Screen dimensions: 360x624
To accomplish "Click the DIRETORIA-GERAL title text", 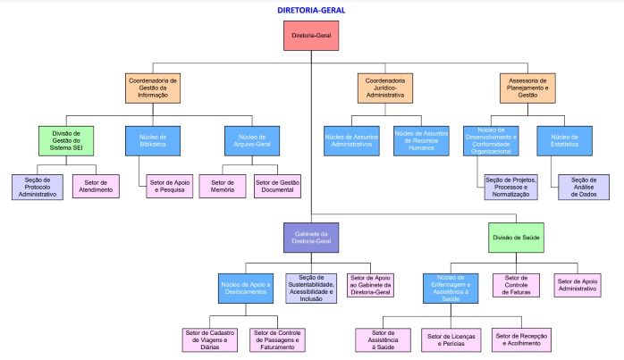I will click(311, 10).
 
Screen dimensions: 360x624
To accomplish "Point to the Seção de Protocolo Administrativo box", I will click(37, 187).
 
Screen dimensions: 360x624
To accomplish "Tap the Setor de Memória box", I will click(222, 187).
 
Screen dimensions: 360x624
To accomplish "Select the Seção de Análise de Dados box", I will click(583, 187).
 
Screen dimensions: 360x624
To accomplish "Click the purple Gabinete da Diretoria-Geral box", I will click(311, 239).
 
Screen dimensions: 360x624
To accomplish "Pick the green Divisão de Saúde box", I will click(518, 239).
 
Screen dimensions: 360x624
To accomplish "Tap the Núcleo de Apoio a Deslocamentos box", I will click(245, 288).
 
